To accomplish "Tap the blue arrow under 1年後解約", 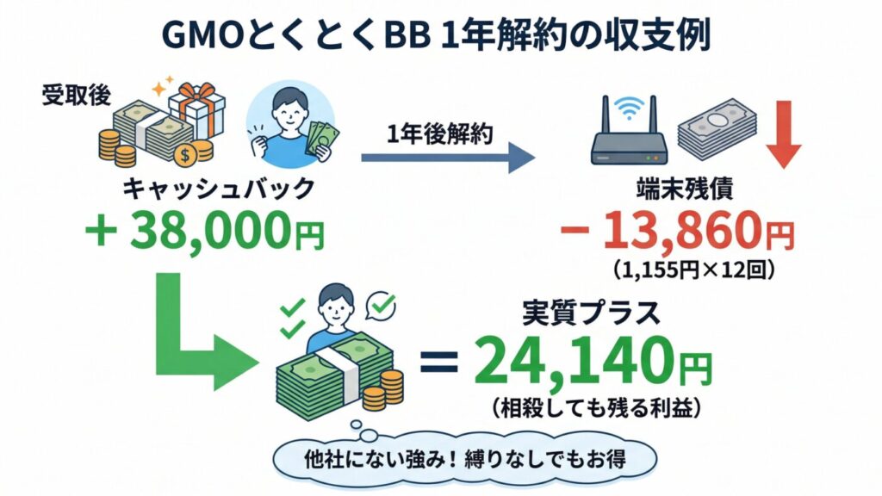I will tap(448, 158).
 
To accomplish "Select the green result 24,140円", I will tap(594, 363).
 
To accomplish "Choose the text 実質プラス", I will tap(592, 312).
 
